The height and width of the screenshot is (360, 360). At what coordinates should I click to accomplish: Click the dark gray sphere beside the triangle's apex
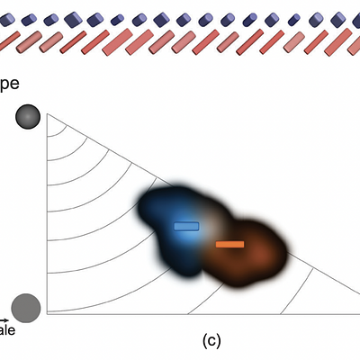tap(28, 117)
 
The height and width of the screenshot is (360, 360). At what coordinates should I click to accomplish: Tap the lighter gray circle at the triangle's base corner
tap(26, 307)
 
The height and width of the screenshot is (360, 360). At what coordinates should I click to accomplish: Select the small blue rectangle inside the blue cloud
tap(186, 226)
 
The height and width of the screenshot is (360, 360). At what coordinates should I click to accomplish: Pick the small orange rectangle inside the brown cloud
tap(229, 244)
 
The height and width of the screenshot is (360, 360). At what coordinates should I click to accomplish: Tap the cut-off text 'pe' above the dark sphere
tap(10, 82)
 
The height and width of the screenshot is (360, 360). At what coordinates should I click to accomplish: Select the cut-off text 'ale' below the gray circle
tap(7, 330)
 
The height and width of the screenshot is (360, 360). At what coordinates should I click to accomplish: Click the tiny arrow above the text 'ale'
tap(5, 319)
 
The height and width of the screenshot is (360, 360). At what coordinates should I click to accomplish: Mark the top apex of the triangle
tap(47, 114)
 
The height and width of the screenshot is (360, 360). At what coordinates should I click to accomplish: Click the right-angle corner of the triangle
tap(47, 313)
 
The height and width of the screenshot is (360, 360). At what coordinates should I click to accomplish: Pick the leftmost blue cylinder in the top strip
tap(6, 20)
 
